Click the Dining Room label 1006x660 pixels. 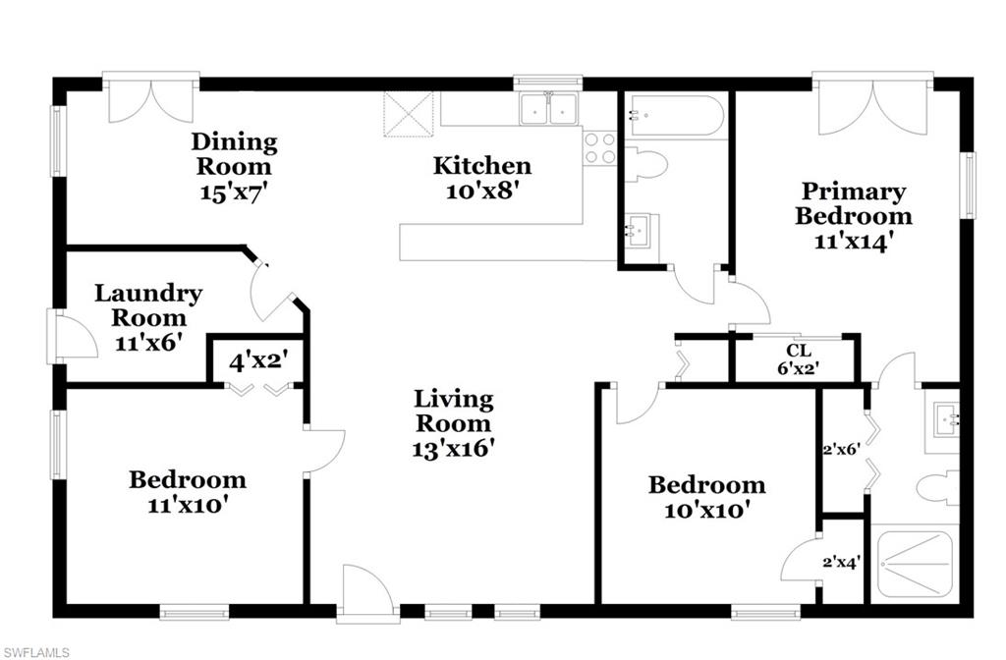point(234,153)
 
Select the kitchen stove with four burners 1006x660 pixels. point(599,148)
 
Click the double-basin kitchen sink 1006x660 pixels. point(548,109)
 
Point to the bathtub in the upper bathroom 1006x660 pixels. point(676,116)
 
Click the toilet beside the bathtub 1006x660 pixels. point(645,164)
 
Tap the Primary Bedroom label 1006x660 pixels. point(853,203)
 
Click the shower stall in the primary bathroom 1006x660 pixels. point(913,564)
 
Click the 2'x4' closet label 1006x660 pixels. point(841,563)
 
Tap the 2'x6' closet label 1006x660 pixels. point(841,449)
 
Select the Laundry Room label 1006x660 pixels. point(148,304)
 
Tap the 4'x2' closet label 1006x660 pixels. point(257,359)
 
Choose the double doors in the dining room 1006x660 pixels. point(150,100)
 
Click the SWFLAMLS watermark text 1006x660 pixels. point(36,651)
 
